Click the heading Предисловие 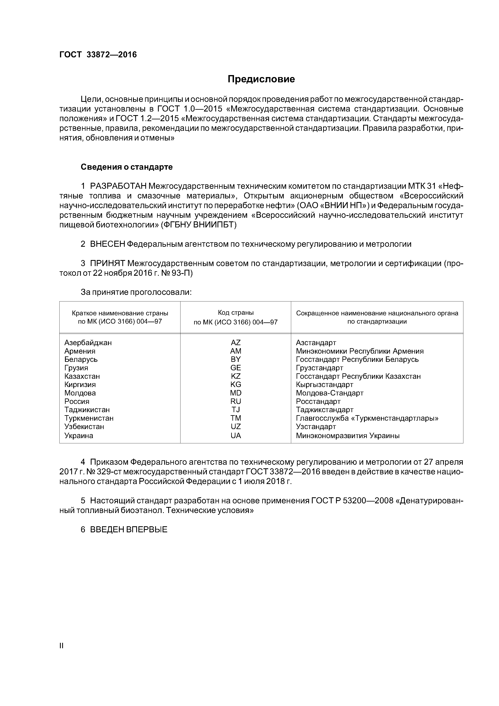coord(261,79)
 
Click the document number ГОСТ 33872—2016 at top coord(98,55)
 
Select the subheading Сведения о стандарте coord(127,167)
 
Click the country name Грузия coord(76,368)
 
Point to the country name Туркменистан coord(89,418)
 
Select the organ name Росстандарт coord(318,401)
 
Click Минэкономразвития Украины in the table coord(348,435)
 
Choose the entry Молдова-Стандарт coord(330,393)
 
